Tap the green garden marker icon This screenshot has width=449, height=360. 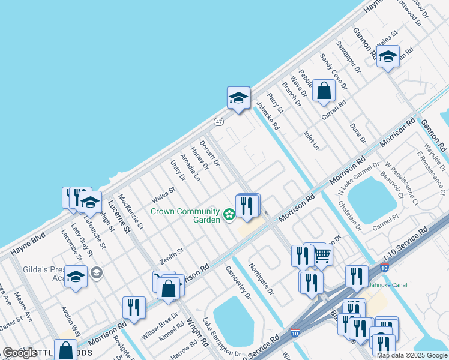pos(229,214)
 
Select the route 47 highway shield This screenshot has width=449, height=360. pos(219,121)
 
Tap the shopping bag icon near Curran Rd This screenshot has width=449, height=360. pos(324,91)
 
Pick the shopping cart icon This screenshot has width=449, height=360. pos(322,255)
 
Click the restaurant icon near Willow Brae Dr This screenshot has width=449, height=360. pos(134,308)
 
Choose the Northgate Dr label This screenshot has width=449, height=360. pos(261,279)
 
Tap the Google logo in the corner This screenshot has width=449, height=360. pos(20,353)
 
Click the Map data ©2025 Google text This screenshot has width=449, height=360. pos(412,355)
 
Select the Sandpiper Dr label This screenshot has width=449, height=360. pos(348,57)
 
